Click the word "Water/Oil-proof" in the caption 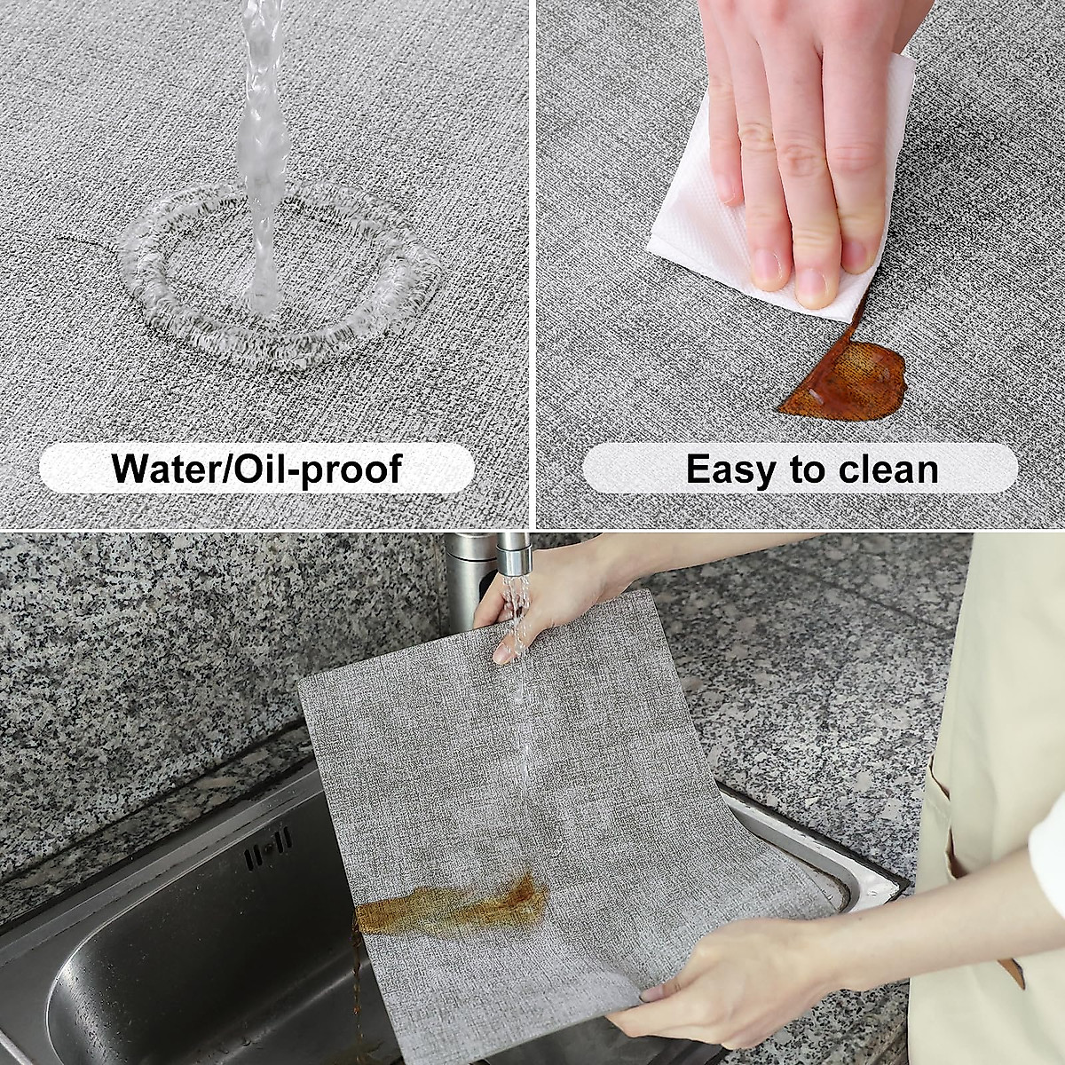[257, 468]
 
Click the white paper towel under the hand [701, 231]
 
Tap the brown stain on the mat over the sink [453, 905]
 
